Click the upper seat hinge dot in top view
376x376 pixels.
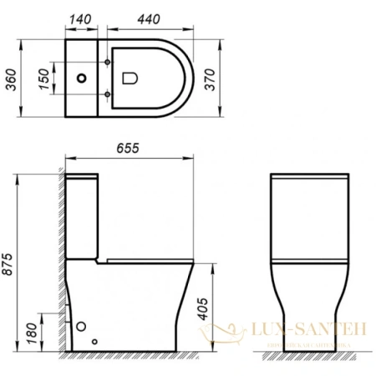tap(110, 64)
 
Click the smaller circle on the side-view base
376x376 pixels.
tap(96, 340)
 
